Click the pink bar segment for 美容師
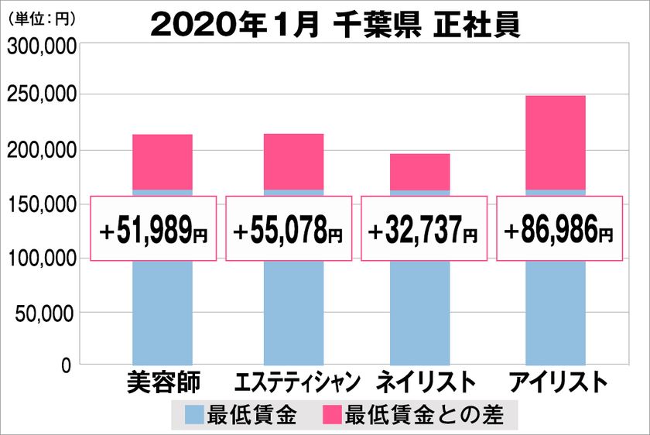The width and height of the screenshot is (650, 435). pyautogui.click(x=162, y=162)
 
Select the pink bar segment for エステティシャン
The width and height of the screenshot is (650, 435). pyautogui.click(x=293, y=162)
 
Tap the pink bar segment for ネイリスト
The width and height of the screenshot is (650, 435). pyautogui.click(x=420, y=171)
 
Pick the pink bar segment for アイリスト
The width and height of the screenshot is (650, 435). pyautogui.click(x=555, y=142)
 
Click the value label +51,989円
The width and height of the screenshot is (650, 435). pyautogui.click(x=155, y=230)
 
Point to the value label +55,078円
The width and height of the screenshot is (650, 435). pyautogui.click(x=289, y=230)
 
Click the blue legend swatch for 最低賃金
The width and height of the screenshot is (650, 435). pyautogui.click(x=195, y=416)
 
